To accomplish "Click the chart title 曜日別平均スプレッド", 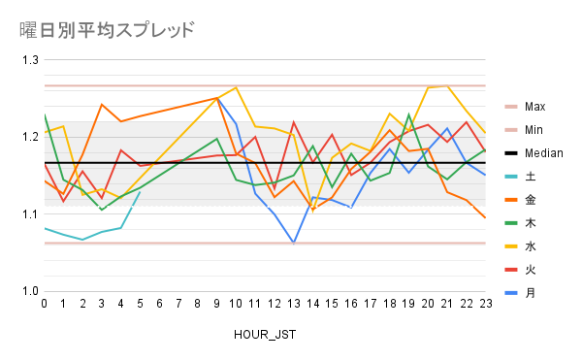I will coord(107,29).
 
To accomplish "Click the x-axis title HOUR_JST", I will coord(264,334).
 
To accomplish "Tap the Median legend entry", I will coord(542,152).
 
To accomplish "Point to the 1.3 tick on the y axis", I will coord(28,60).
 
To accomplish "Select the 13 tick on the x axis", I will coord(293,303).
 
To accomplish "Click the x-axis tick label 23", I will coord(484,303).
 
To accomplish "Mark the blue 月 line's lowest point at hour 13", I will coord(293,243).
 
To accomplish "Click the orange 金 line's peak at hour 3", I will coord(102,105).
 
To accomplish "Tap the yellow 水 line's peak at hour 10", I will coord(236,87).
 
